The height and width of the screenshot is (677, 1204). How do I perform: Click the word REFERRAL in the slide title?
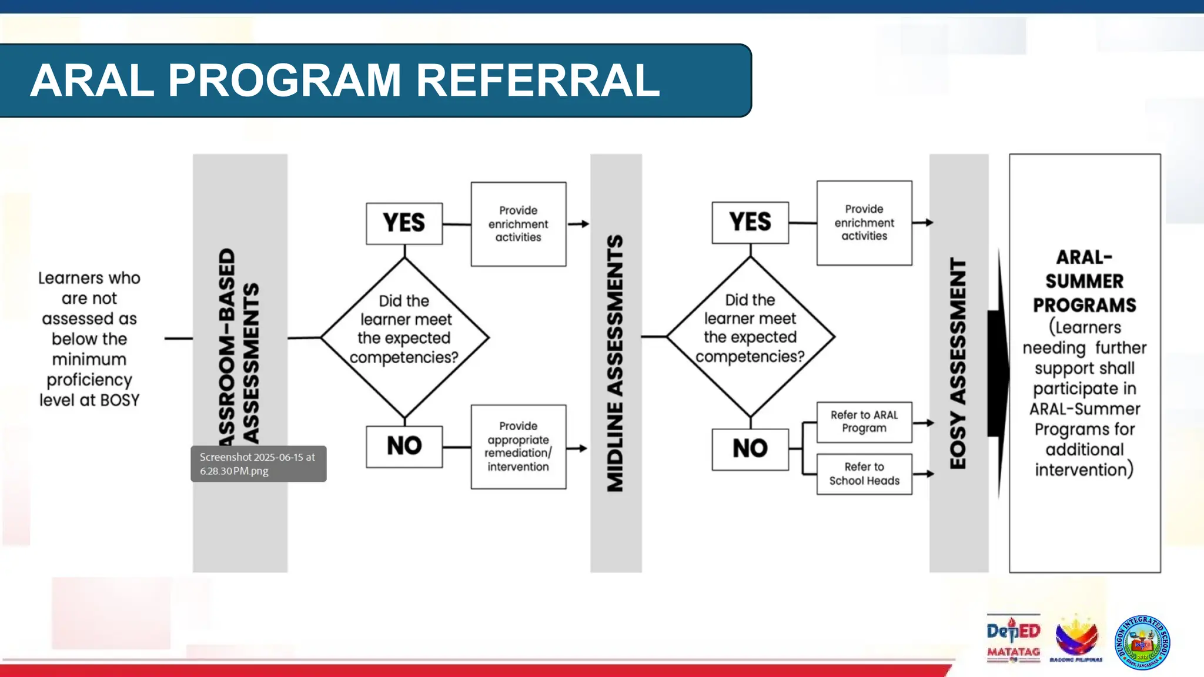[538, 81]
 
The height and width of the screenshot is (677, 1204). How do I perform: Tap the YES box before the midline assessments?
[404, 223]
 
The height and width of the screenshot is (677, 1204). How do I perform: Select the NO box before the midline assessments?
[404, 447]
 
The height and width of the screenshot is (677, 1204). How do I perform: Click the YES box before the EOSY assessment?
[750, 222]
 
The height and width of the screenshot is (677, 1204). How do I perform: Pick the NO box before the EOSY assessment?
[750, 449]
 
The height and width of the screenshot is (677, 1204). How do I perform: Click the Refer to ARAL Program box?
[864, 422]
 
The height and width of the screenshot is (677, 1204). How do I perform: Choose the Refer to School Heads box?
[864, 474]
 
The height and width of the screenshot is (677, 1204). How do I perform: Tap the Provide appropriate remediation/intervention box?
[518, 447]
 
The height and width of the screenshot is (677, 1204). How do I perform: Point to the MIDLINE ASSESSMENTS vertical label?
[616, 363]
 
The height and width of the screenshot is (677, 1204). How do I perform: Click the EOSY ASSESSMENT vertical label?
[958, 363]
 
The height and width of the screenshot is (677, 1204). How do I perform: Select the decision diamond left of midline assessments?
[404, 337]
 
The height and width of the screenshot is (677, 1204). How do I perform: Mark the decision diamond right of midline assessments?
[750, 336]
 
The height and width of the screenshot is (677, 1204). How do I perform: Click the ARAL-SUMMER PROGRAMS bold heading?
[1084, 281]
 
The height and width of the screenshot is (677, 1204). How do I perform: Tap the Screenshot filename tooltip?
[258, 464]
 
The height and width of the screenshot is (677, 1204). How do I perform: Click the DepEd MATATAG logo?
[1013, 639]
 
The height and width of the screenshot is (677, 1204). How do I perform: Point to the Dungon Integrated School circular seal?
[1142, 642]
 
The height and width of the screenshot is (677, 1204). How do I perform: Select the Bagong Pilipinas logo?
[1076, 639]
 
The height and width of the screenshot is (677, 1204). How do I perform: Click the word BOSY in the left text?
[120, 400]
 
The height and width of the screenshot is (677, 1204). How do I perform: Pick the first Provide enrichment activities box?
[518, 224]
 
